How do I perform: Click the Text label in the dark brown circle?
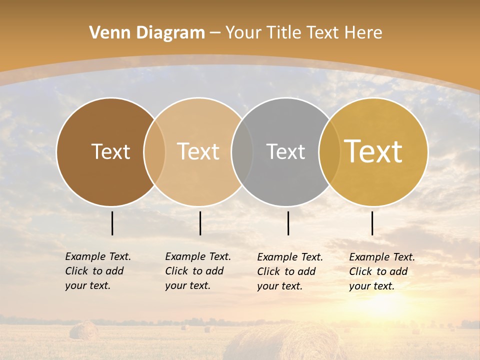(110, 151)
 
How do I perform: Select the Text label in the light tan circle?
(198, 151)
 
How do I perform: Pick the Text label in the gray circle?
(285, 151)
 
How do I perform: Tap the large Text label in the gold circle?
(373, 151)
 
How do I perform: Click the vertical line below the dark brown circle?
(112, 223)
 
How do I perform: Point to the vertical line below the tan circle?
(200, 223)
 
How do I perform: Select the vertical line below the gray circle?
(288, 223)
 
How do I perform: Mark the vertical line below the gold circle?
(372, 223)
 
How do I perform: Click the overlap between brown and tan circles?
(154, 152)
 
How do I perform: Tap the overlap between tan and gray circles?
(242, 152)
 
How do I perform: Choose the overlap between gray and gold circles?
(329, 152)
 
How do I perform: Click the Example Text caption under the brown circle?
(98, 271)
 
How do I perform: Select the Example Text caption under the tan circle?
(198, 271)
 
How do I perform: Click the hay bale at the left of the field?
(83, 330)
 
